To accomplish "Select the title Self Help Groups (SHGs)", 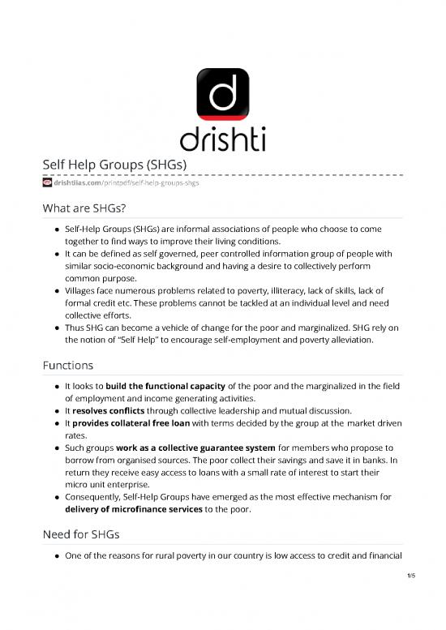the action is pos(115,165).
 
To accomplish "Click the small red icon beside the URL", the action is pos(47,183).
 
